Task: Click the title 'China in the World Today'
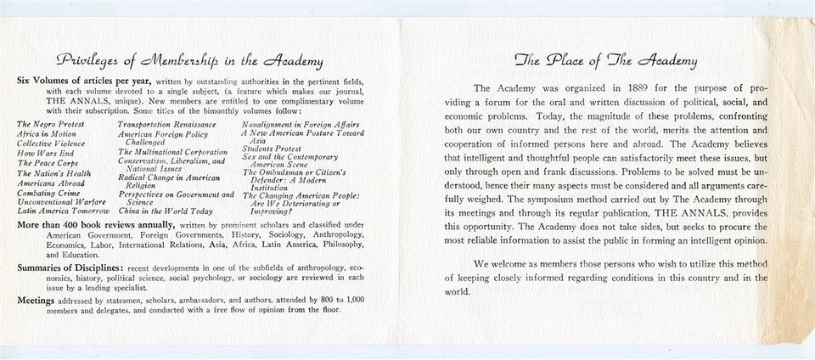click(x=166, y=211)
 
